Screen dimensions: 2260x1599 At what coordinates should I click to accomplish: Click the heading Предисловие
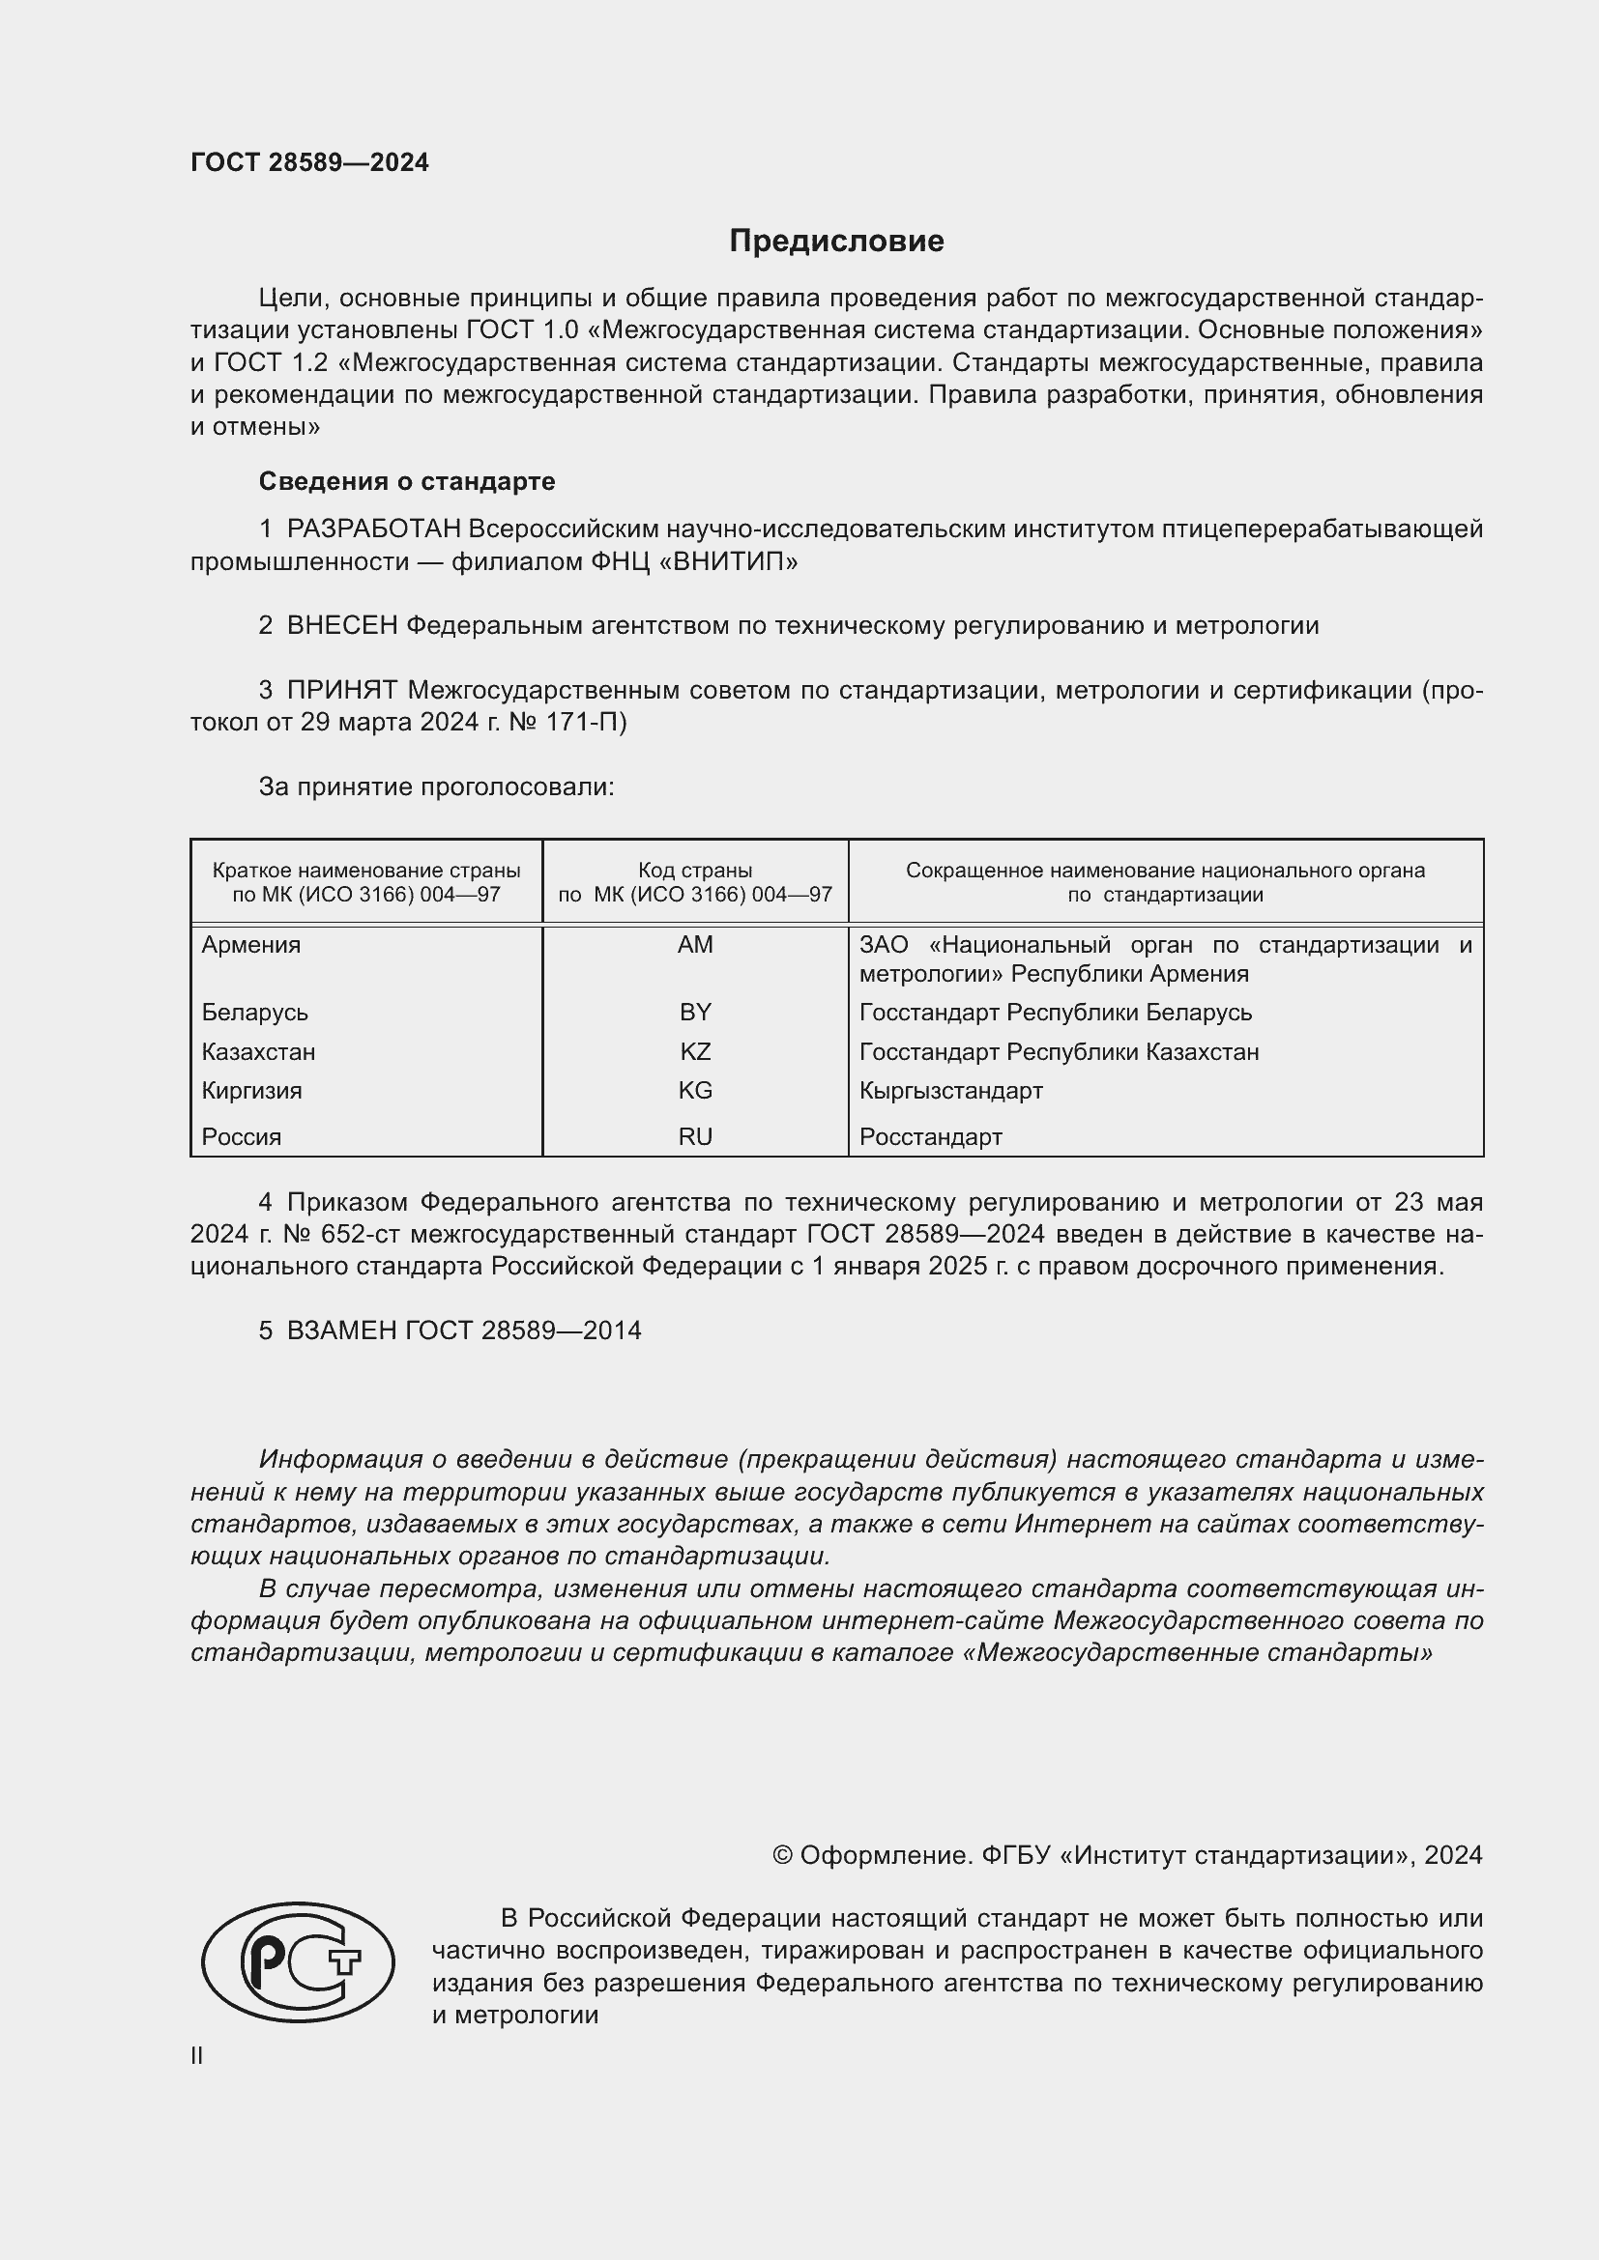(836, 242)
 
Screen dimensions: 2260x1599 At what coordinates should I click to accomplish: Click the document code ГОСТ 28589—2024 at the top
(309, 162)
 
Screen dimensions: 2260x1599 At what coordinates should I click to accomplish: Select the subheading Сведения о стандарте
(407, 481)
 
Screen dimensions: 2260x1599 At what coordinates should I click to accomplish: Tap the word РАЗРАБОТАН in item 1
(373, 529)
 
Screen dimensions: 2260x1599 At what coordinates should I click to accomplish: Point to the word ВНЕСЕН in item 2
(341, 626)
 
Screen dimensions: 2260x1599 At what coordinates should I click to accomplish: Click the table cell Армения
(251, 945)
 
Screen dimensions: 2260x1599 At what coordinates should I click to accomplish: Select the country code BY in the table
(695, 1013)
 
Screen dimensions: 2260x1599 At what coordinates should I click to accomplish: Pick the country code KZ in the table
(695, 1052)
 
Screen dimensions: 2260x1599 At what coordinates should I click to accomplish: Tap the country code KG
(695, 1091)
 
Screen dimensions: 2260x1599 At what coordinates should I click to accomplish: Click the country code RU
(695, 1137)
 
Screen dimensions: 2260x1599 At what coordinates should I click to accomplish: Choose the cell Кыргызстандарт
(950, 1091)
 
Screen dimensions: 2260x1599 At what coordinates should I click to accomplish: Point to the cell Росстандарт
(930, 1137)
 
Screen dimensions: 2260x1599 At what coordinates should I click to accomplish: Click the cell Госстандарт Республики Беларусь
(1056, 1013)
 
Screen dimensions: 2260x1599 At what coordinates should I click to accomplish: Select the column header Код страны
(695, 871)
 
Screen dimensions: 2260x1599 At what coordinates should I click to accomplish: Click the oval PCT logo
(298, 1962)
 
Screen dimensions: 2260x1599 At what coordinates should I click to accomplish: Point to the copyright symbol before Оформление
(783, 1855)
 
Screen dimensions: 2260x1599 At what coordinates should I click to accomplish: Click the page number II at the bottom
(197, 2055)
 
